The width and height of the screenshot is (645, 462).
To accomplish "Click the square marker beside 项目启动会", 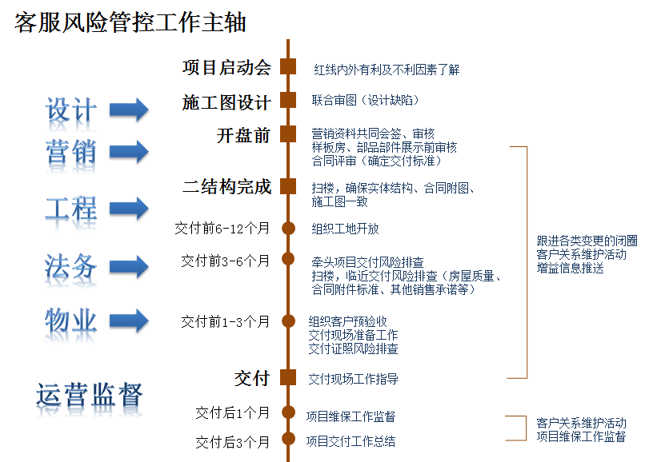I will pyautogui.click(x=288, y=67).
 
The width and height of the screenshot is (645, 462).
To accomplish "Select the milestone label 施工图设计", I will pyautogui.click(x=226, y=102).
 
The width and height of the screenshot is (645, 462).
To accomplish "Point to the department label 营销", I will pyautogui.click(x=71, y=150).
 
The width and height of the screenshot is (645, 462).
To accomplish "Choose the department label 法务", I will pyautogui.click(x=71, y=265).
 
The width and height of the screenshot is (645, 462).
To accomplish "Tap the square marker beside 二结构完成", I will pyautogui.click(x=288, y=188).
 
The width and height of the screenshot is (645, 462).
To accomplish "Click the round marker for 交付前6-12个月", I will pyautogui.click(x=288, y=229).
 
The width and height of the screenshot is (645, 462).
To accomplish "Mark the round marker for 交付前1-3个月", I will pyautogui.click(x=288, y=322).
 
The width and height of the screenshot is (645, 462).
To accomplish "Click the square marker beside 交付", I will pyautogui.click(x=288, y=378).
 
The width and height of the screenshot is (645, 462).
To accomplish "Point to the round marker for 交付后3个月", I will pyautogui.click(x=288, y=441).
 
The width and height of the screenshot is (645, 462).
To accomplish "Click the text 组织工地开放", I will pyautogui.click(x=345, y=229).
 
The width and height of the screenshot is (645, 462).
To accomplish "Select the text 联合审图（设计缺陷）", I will pyautogui.click(x=365, y=100).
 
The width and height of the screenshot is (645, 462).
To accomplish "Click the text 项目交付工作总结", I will pyautogui.click(x=351, y=440).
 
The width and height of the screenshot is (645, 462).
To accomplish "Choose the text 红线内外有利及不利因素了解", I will pyautogui.click(x=387, y=70).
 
